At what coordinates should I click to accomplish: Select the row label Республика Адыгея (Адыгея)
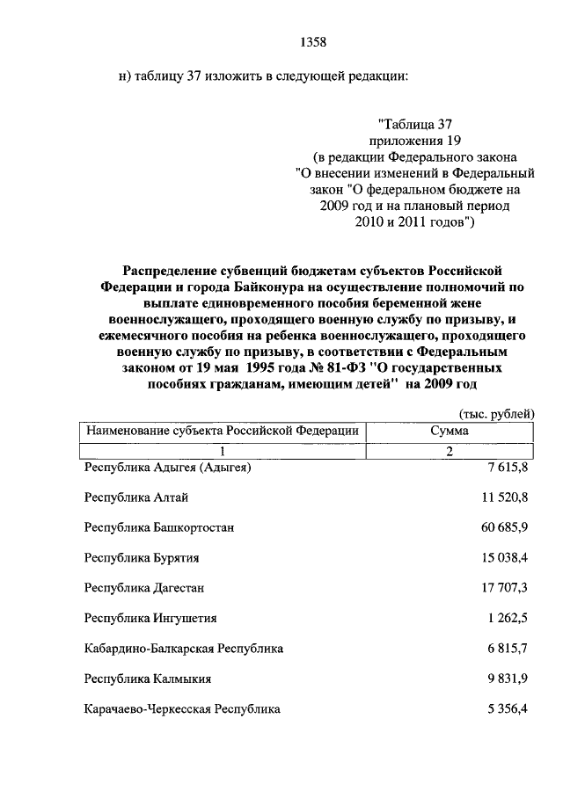pos(167,468)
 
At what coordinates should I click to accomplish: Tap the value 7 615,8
pos(509,468)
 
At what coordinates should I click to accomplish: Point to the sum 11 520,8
pos(506,498)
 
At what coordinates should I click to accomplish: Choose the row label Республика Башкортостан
pos(158,528)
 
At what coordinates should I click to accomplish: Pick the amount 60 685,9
pos(506,528)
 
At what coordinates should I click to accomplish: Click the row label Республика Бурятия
pos(142,558)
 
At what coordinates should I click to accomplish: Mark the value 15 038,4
pos(506,558)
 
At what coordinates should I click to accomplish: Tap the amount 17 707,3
pos(506,588)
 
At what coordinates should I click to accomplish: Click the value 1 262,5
pos(509,619)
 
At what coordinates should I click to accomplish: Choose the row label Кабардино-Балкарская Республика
pos(183,649)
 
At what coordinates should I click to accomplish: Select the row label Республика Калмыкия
pos(147,679)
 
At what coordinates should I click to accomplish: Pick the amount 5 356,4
pos(509,708)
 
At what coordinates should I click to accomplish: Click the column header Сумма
pos(449,431)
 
